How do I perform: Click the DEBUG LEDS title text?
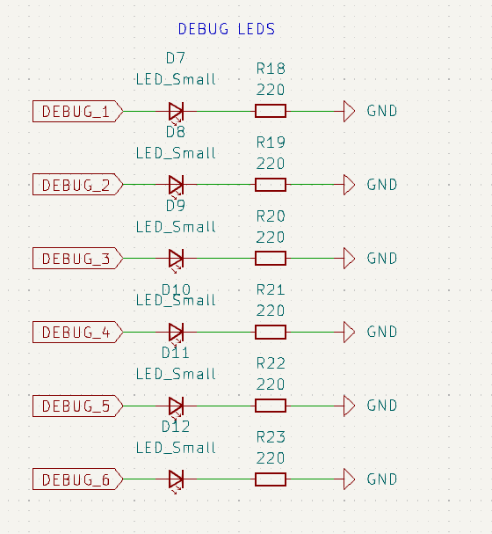(227, 29)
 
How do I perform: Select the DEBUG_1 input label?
(78, 111)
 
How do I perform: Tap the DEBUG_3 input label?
(78, 258)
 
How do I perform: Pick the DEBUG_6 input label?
(78, 479)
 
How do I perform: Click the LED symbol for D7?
(176, 112)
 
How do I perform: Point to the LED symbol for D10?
(176, 333)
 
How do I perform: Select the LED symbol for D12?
(176, 479)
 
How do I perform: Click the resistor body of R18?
(271, 111)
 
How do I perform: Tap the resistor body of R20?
(271, 258)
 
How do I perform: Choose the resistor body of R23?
(271, 479)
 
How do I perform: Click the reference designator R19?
(271, 143)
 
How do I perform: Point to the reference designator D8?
(176, 132)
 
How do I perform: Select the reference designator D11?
(176, 353)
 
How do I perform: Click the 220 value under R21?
(271, 311)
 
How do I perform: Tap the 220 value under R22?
(271, 384)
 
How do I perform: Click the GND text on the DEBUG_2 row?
(382, 185)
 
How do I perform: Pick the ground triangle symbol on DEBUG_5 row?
(349, 406)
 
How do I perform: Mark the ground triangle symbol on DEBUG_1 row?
(349, 111)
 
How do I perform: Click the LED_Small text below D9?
(176, 227)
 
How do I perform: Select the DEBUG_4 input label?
(78, 332)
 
